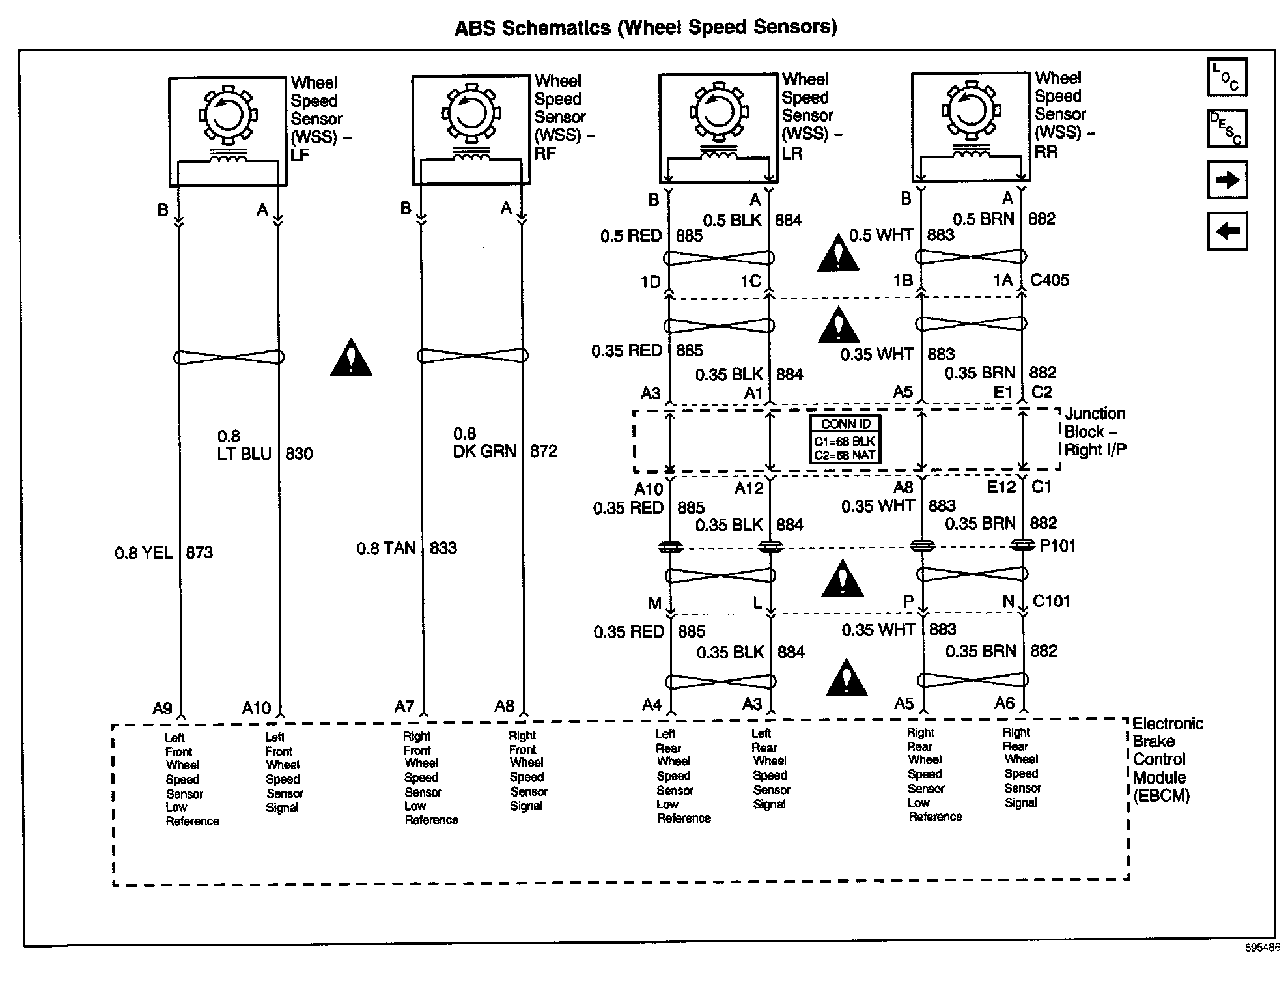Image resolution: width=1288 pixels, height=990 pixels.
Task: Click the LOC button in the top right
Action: (x=1227, y=78)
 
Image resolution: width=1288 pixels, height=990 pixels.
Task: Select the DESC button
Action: (x=1227, y=128)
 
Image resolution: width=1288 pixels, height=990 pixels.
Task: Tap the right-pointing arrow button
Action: (x=1227, y=180)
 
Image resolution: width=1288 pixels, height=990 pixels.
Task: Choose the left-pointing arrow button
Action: (x=1227, y=231)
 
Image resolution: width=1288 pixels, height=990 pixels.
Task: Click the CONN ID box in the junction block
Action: (x=845, y=440)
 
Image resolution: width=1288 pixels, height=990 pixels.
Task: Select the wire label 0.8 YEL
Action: (x=144, y=553)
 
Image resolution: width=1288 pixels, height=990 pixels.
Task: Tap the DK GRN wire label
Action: (x=484, y=451)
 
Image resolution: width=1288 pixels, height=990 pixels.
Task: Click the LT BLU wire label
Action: (x=244, y=453)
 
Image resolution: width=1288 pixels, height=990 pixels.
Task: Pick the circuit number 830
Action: (x=299, y=453)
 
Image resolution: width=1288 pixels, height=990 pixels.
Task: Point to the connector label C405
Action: (x=1050, y=280)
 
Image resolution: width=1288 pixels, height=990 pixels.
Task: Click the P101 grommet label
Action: (x=1057, y=545)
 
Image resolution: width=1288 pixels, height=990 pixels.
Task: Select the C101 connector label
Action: (x=1052, y=601)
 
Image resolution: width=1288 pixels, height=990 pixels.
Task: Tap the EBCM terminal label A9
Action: (x=162, y=709)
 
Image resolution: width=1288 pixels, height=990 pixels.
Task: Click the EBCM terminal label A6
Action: (x=1004, y=703)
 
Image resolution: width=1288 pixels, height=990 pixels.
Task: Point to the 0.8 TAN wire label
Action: (x=386, y=548)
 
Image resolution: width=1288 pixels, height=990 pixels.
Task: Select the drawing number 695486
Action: (x=1263, y=966)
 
